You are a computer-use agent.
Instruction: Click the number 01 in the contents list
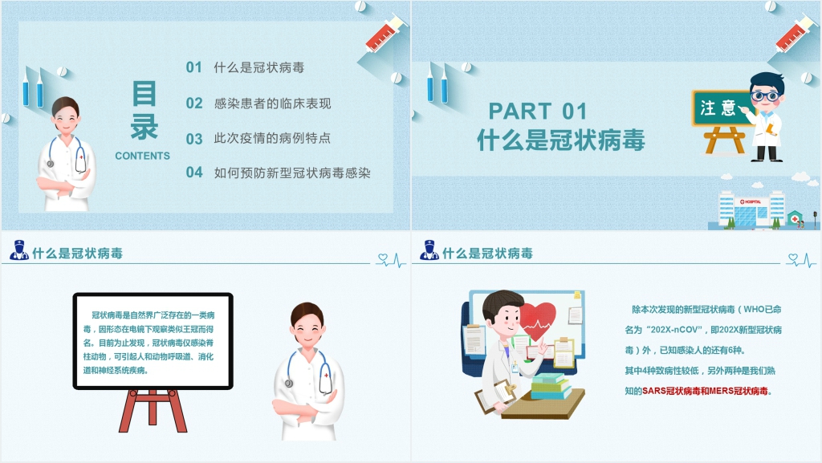(194, 67)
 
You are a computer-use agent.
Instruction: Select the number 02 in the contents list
(194, 104)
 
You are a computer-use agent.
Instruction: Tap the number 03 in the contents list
(194, 139)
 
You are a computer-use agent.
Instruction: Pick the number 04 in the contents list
(194, 173)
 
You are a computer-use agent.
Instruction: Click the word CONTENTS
(143, 156)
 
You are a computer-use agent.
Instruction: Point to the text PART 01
(537, 111)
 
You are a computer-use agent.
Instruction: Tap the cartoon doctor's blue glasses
(765, 96)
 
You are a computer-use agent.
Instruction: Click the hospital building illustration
(751, 209)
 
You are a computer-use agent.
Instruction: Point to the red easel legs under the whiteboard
(153, 411)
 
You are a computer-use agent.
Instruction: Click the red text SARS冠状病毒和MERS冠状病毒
(705, 391)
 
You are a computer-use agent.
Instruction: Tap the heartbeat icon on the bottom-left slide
(392, 260)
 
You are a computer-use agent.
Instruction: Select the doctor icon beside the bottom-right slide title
(429, 250)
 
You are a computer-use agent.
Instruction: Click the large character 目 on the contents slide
(144, 93)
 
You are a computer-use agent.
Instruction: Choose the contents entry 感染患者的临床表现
(272, 104)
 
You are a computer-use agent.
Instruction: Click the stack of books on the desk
(550, 387)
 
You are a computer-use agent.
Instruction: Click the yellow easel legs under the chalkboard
(725, 140)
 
